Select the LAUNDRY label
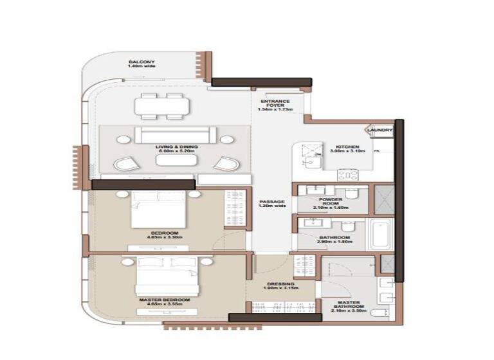tap(379, 130)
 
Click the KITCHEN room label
tap(347, 147)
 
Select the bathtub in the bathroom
tap(380, 235)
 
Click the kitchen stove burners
tap(348, 174)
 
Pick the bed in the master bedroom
tap(165, 276)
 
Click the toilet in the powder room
tap(351, 192)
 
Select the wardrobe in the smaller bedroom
tap(235, 209)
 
